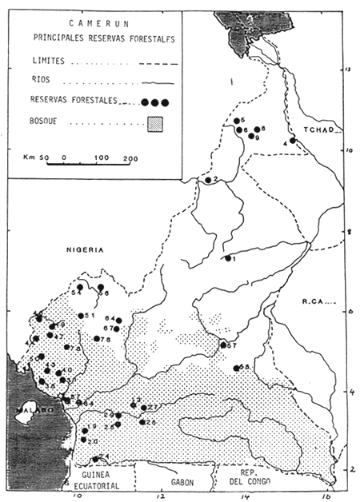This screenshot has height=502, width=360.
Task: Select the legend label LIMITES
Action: coord(53,61)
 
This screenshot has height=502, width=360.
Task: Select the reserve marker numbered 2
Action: coord(207,180)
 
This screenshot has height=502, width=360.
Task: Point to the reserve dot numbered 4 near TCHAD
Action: coord(293,140)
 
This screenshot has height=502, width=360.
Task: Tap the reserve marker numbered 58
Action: coord(237,368)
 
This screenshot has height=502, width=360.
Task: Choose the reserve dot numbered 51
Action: coord(80,316)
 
